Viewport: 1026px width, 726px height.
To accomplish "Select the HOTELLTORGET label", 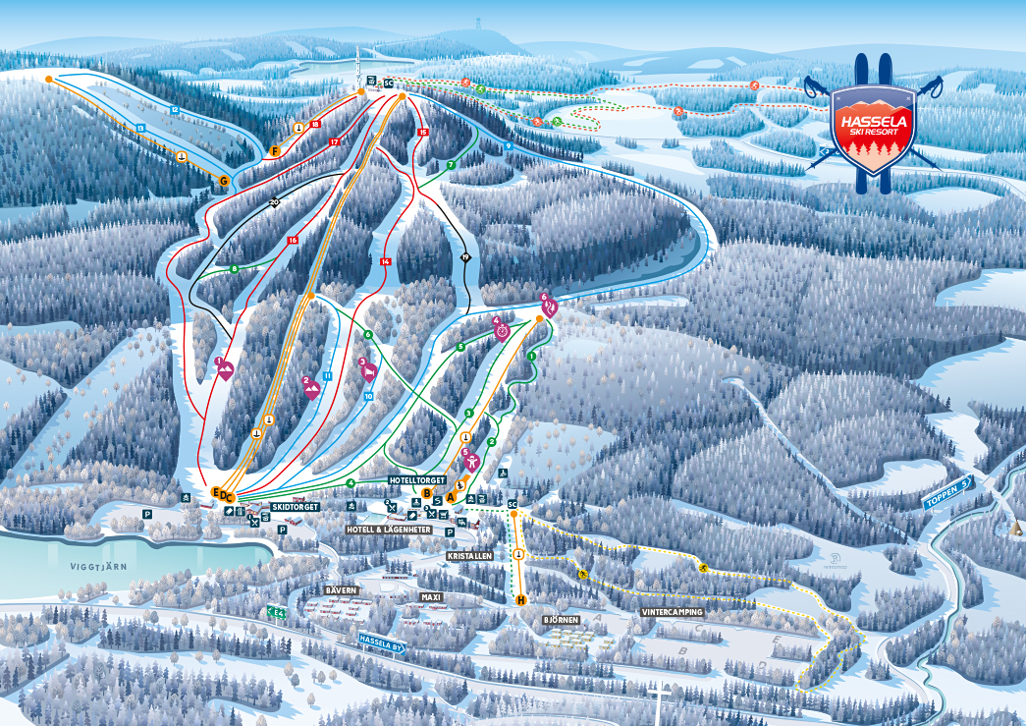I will pyautogui.click(x=416, y=480).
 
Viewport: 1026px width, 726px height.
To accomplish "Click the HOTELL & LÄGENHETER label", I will pyautogui.click(x=389, y=529).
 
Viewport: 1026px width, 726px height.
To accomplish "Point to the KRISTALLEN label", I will pyautogui.click(x=469, y=556).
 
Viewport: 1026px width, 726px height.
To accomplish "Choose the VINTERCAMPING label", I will pyautogui.click(x=673, y=612).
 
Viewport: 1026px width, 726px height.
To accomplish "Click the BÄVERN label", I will pyautogui.click(x=341, y=590).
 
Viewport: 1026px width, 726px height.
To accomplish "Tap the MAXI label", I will pyautogui.click(x=432, y=596).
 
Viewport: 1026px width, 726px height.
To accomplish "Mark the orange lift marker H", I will pyautogui.click(x=520, y=599).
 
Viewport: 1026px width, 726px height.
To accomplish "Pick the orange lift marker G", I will pyautogui.click(x=225, y=181).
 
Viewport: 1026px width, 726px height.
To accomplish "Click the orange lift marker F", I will pyautogui.click(x=276, y=151).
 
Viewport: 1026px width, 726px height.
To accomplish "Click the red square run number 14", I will pyautogui.click(x=386, y=261).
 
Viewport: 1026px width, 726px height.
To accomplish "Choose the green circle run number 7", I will pyautogui.click(x=451, y=164).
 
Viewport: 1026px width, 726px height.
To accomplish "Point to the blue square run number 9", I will pyautogui.click(x=508, y=145).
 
